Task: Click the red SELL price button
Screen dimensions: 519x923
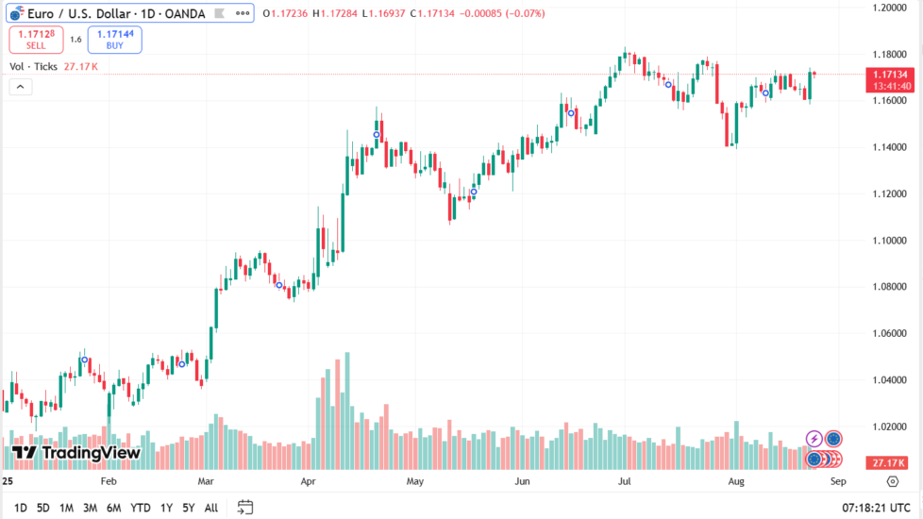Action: [x=36, y=39]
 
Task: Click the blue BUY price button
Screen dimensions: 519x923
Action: [x=114, y=39]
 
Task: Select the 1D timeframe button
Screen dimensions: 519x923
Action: [x=21, y=508]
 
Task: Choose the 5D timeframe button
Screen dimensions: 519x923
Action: [x=43, y=508]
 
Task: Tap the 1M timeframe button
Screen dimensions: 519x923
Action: [x=66, y=508]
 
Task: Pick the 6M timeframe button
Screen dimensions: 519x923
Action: [x=113, y=508]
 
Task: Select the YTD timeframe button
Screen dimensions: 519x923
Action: [x=141, y=508]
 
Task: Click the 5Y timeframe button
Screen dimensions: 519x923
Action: [x=189, y=508]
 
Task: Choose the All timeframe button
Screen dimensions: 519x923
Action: [x=211, y=508]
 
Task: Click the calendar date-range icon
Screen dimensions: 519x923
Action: [x=245, y=508]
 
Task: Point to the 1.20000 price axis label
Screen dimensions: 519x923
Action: [x=889, y=8]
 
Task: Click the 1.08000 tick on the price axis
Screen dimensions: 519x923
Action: [x=889, y=287]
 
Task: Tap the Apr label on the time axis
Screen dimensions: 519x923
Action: [x=308, y=481]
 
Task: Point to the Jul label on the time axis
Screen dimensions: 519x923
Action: [x=624, y=481]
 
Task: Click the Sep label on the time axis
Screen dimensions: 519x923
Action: [x=836, y=481]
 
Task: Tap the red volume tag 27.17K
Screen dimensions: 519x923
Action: [x=890, y=463]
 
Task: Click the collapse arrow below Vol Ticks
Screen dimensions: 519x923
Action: [x=21, y=87]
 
